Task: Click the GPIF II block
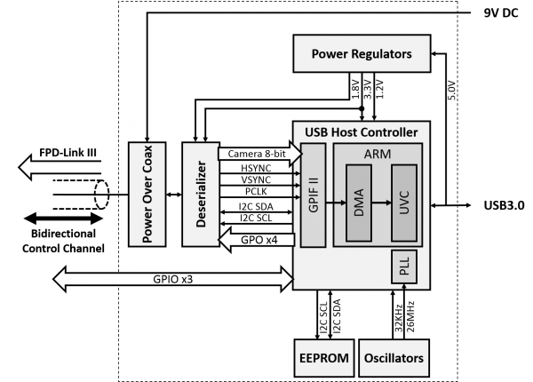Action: (x=314, y=196)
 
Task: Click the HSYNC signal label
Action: (x=254, y=169)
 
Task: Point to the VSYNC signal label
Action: (x=254, y=181)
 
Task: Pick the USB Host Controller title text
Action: (x=361, y=132)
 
